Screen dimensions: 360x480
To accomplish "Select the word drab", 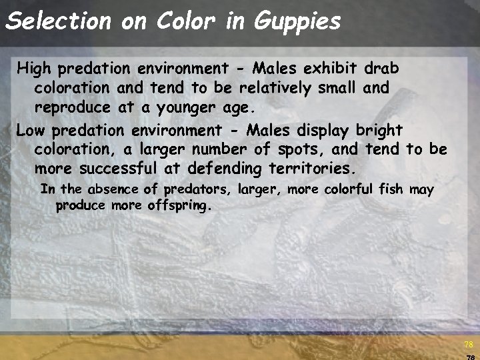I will [x=382, y=69].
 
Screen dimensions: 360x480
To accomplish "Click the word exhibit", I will [x=329, y=69].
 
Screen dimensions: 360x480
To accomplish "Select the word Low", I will [x=31, y=129].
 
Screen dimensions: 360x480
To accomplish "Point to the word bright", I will [x=379, y=129].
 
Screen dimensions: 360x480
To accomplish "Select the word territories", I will [x=315, y=168].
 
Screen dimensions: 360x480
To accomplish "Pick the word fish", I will [x=388, y=190].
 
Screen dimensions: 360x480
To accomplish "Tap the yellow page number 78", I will [x=468, y=344].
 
